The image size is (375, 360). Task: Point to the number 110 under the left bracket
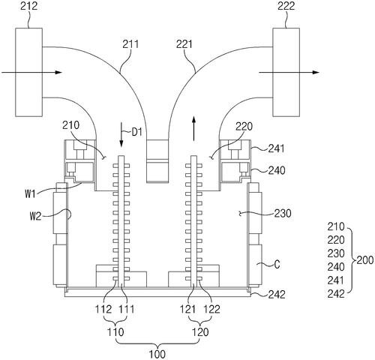(x=117, y=331)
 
